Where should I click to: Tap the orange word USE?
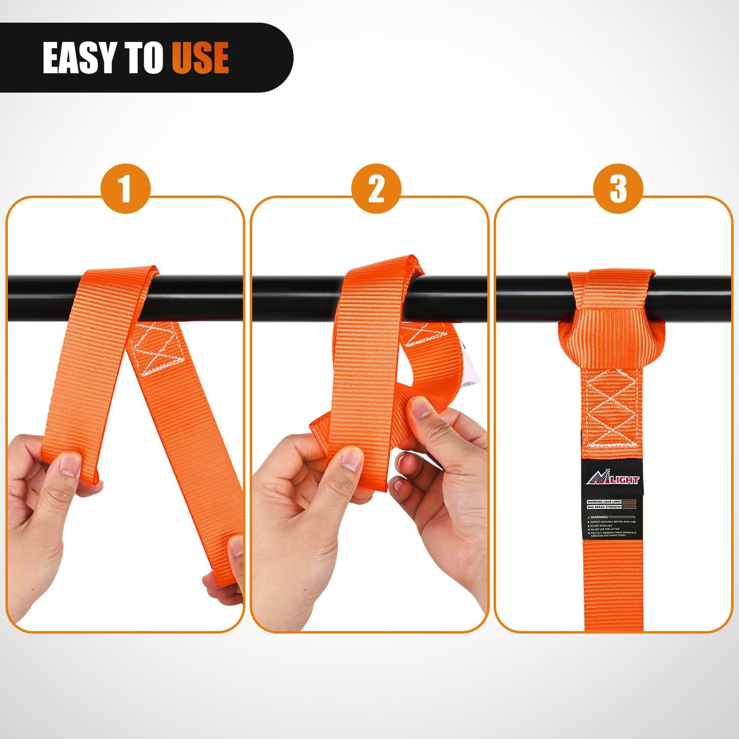tap(200, 58)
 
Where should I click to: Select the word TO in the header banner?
tap(144, 58)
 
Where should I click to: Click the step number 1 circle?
tap(125, 189)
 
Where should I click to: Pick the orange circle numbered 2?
tap(376, 189)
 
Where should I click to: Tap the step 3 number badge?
tap(618, 189)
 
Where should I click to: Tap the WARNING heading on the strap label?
tap(600, 517)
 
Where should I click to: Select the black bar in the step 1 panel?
tap(201, 298)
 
